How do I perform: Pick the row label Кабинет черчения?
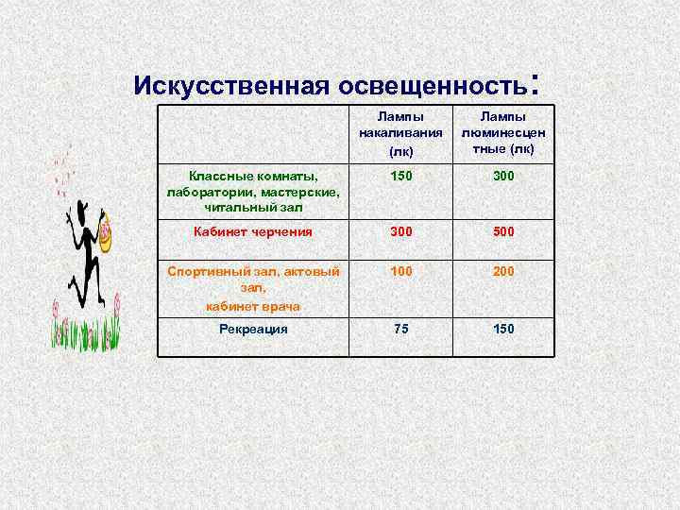click(252, 231)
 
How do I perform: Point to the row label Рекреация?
click(252, 329)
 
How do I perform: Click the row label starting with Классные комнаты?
click(252, 191)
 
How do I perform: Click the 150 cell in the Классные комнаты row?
click(400, 176)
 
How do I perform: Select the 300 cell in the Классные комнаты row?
click(503, 176)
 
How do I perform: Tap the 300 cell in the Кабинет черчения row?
click(400, 231)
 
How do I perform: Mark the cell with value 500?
click(503, 231)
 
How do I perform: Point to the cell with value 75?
click(400, 329)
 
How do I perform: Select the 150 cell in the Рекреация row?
click(503, 329)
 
